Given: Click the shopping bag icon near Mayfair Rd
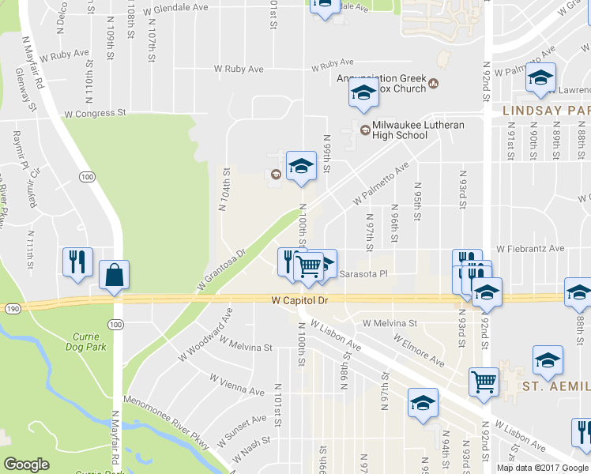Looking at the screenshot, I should [x=115, y=275].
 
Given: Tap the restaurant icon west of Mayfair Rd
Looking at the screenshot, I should [x=77, y=261].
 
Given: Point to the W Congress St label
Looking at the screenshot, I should [x=96, y=113].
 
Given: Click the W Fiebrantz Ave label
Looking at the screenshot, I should [x=531, y=248].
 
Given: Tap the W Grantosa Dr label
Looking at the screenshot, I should [x=223, y=272].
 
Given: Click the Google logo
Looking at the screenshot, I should [x=27, y=465].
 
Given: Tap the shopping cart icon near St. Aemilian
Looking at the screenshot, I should [x=483, y=382].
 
